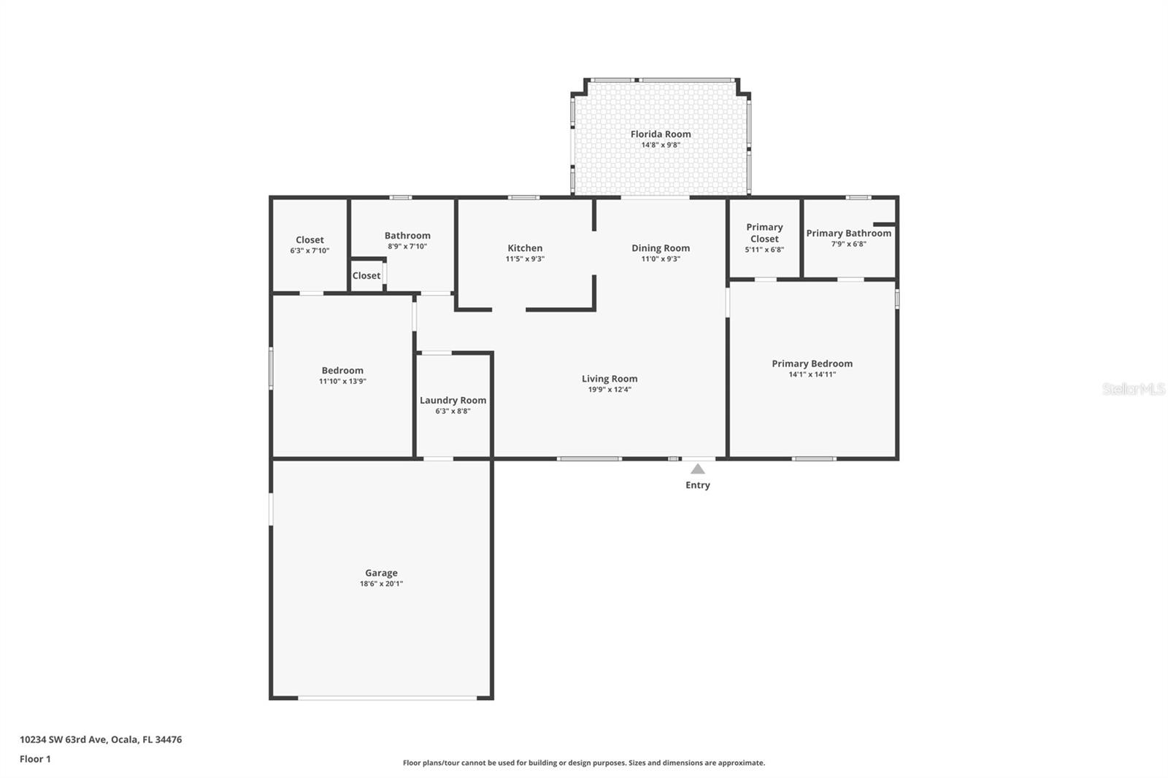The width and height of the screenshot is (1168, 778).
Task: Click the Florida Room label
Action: coord(661,134)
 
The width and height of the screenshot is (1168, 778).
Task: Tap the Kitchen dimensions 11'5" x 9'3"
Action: coord(525,258)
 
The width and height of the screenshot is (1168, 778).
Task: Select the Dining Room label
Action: coord(661,248)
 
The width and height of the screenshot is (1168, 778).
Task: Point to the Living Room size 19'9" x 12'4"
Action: coord(610,390)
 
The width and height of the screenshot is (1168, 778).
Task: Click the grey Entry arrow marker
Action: coord(698,469)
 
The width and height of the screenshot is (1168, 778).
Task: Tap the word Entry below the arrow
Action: coord(698,485)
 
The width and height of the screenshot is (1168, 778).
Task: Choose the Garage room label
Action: coord(381,572)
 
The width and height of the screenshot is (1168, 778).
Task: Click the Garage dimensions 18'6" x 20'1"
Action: coord(381,584)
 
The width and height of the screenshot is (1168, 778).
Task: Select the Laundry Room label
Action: coord(453,401)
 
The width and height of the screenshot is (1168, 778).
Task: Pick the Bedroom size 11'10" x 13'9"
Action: coord(342,381)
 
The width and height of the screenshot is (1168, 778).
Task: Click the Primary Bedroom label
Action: coord(812,363)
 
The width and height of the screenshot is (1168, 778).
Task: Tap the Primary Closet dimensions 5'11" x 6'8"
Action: coord(764,250)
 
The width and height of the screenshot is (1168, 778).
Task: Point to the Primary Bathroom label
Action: coord(849,233)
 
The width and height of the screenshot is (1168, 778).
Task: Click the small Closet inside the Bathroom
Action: coord(366,275)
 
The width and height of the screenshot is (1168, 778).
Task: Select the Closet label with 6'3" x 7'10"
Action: coord(310,240)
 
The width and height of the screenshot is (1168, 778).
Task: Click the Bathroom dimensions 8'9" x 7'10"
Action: coord(407,246)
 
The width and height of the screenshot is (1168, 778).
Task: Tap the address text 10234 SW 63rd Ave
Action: coord(64,739)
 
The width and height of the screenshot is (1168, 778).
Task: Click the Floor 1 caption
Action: coord(36,759)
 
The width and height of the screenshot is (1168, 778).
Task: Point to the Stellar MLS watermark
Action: coord(1134,389)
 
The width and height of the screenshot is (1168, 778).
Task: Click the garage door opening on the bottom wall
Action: coord(388,697)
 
